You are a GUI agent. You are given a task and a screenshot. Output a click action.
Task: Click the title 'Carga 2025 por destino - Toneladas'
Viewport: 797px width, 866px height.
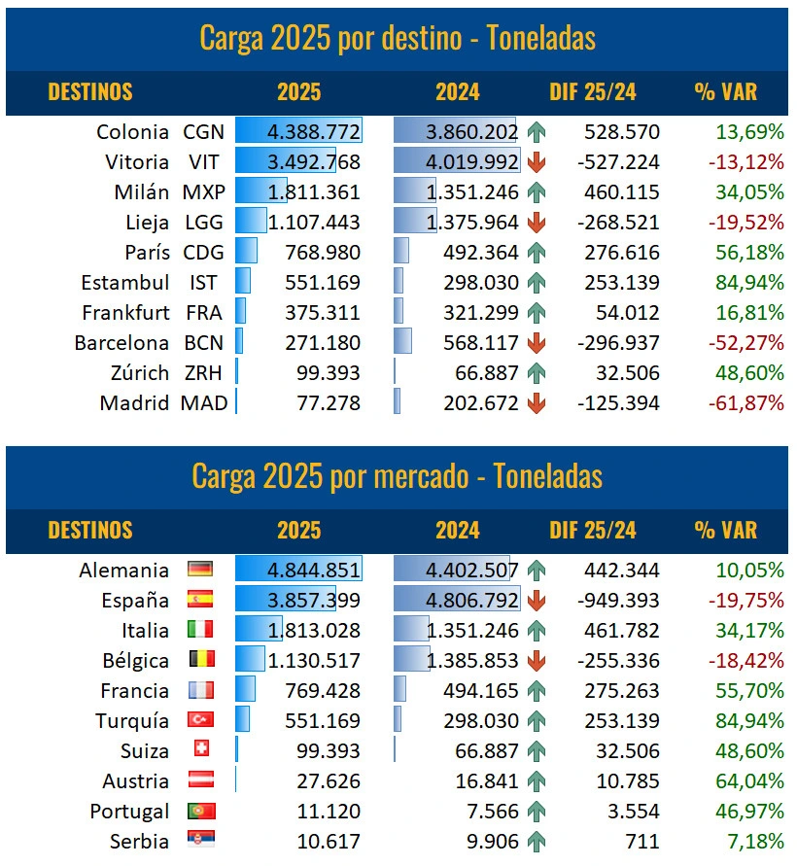[x=398, y=38]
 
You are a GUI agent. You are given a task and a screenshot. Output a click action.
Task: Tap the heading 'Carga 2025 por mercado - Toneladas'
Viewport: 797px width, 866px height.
[x=398, y=476]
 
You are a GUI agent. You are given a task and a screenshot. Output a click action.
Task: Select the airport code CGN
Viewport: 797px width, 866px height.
[x=203, y=132]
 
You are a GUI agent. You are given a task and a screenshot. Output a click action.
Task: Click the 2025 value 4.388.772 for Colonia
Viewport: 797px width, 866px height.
[x=314, y=132]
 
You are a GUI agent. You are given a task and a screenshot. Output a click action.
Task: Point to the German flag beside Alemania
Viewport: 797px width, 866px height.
[x=201, y=570]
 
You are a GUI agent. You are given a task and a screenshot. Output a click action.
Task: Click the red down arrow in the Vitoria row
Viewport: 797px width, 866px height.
[x=536, y=162]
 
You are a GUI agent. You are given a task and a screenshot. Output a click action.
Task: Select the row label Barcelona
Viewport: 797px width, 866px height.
[x=121, y=343]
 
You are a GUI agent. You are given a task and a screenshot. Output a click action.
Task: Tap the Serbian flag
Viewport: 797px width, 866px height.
[x=201, y=841]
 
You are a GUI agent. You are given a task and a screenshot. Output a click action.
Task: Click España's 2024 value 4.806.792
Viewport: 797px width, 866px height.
[x=469, y=600]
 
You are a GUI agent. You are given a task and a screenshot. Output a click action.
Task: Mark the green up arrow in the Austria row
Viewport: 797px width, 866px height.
[x=536, y=780]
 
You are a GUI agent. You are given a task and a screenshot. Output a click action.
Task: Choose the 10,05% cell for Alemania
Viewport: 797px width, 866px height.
[x=749, y=570]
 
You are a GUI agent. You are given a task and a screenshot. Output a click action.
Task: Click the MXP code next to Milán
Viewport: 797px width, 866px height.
[x=203, y=192]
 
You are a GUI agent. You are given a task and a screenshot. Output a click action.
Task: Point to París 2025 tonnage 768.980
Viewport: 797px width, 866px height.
[x=323, y=253]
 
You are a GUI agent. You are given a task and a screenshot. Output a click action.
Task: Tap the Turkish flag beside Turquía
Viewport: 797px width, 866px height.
[x=201, y=720]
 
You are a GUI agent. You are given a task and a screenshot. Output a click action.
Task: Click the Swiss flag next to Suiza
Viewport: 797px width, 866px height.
[x=201, y=749]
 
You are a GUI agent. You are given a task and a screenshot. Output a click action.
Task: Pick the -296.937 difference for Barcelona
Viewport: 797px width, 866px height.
[x=618, y=343]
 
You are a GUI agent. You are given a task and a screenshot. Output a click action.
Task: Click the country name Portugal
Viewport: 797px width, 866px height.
[x=129, y=811]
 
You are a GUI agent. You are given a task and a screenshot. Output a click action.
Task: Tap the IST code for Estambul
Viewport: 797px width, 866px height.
[x=203, y=283]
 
